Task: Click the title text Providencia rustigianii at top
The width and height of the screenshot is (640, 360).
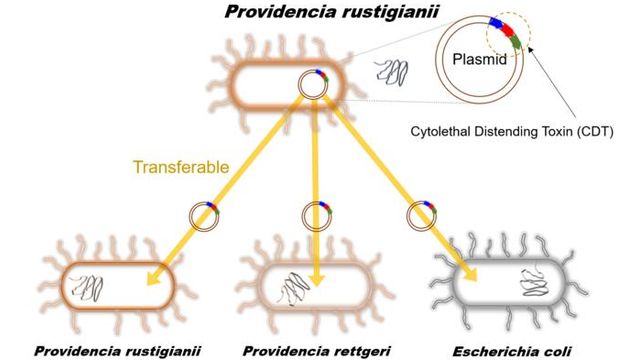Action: tap(331, 11)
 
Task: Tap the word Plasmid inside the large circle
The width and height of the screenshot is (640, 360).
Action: tap(480, 59)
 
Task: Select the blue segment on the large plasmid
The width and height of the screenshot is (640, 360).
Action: tap(495, 23)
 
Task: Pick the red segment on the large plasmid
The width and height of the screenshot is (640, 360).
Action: tap(507, 30)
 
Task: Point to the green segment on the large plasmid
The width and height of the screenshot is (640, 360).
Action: tap(516, 41)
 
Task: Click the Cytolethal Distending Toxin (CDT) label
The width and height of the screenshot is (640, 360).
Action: tap(512, 132)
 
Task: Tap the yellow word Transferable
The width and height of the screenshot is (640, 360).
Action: tap(181, 167)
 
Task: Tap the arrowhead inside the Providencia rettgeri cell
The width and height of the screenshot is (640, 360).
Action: tap(317, 279)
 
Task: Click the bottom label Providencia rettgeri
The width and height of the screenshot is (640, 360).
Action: tap(317, 351)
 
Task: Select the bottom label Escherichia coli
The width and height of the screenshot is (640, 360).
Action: tap(512, 351)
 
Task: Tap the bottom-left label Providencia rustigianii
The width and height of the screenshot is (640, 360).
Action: tap(118, 351)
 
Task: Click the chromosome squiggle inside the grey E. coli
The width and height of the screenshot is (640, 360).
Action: tap(533, 282)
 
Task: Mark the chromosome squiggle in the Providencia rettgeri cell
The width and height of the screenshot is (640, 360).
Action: tap(292, 289)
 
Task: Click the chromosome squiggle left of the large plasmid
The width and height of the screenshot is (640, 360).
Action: tap(392, 73)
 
